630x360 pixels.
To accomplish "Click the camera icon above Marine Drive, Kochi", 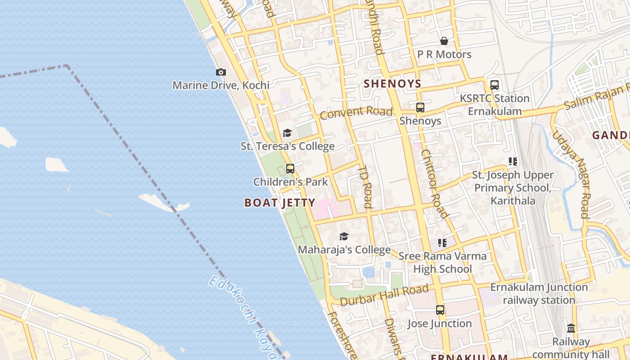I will (220, 72).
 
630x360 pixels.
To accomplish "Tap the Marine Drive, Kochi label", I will (221, 85).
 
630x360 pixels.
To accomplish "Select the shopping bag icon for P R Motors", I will (444, 41).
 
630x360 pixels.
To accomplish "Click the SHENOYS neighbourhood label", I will (392, 84).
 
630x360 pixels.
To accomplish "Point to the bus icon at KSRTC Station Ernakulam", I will (494, 85).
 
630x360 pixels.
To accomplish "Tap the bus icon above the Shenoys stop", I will (420, 108).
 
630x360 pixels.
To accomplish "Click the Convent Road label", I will (356, 112).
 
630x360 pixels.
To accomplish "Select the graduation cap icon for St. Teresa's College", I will (287, 133).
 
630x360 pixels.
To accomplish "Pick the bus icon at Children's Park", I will (290, 169).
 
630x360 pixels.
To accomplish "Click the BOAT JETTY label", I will (279, 203).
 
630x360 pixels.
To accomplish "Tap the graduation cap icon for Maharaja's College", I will (344, 237).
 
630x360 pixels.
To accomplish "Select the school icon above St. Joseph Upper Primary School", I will (513, 162).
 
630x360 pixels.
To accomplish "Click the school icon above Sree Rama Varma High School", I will (442, 243).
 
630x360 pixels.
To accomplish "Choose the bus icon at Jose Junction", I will (440, 310).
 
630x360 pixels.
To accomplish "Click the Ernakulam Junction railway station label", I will (539, 293).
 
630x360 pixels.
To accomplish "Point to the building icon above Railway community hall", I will (571, 328).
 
